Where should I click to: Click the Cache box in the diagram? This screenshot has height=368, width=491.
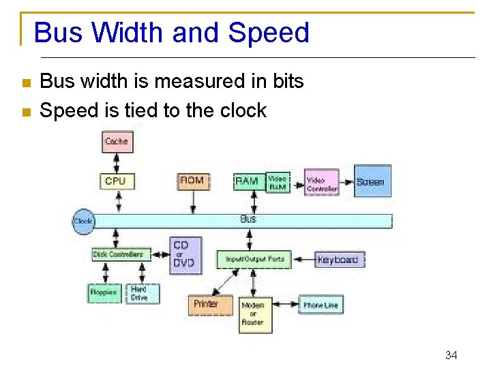click(117, 142)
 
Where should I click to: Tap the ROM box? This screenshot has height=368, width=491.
click(192, 181)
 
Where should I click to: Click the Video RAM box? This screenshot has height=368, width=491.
click(278, 182)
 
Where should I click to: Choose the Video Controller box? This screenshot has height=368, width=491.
click(322, 182)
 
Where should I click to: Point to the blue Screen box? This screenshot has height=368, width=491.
click(371, 181)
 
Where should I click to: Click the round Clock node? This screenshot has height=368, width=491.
click(83, 221)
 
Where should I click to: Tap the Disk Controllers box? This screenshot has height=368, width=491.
click(118, 254)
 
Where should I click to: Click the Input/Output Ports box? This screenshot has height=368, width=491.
click(254, 260)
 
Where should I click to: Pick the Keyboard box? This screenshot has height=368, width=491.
click(338, 260)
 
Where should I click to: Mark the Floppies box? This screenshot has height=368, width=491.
click(104, 292)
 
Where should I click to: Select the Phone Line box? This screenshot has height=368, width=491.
click(321, 305)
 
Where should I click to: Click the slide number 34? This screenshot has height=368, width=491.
click(451, 354)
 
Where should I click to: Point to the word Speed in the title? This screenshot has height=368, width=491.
click(269, 33)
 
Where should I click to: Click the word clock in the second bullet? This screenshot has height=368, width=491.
click(242, 110)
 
